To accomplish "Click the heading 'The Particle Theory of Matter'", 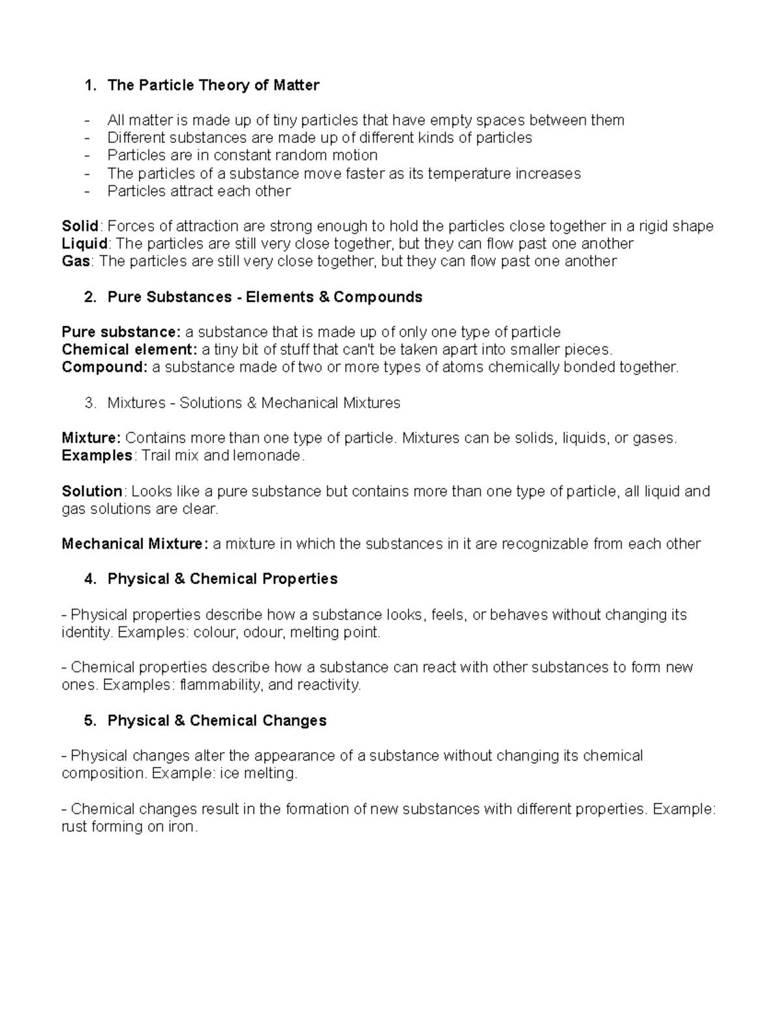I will click(x=213, y=85).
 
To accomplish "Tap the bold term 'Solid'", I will click(x=80, y=226).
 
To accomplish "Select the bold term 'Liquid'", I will click(x=84, y=243).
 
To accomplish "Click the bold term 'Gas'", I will click(x=75, y=261).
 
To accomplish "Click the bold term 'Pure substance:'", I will click(x=121, y=332).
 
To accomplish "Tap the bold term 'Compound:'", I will click(x=105, y=367).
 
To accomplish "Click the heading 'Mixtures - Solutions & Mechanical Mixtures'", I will click(x=254, y=403).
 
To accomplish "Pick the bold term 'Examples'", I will click(x=97, y=455).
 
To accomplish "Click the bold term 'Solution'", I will click(x=92, y=491).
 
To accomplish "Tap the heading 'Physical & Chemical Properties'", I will click(x=223, y=579).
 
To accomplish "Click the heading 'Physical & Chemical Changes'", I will click(x=217, y=721).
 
